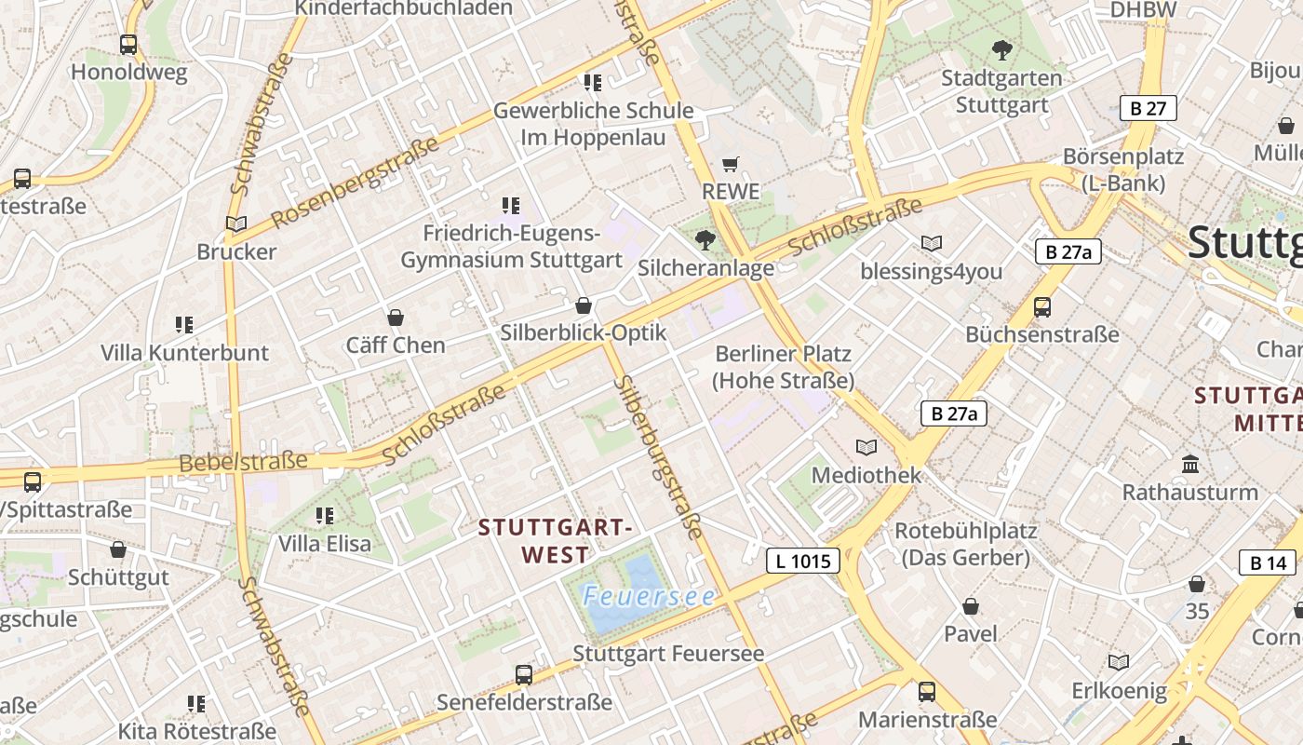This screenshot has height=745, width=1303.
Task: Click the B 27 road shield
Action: click(1148, 108)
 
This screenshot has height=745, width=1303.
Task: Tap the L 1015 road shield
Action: click(802, 561)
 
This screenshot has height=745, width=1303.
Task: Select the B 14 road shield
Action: click(1268, 562)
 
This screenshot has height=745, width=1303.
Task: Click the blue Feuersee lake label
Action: click(649, 596)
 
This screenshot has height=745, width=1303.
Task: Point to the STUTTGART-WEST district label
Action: click(556, 541)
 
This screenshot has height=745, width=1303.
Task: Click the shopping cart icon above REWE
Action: click(731, 164)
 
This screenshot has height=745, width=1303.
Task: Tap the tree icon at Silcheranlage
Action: click(705, 240)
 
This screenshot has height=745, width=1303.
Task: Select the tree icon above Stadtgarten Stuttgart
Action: click(1001, 49)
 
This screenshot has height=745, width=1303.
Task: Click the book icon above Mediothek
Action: click(866, 447)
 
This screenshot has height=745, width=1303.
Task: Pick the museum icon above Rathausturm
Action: click(1189, 463)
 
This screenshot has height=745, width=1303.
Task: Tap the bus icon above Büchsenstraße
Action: click(1042, 306)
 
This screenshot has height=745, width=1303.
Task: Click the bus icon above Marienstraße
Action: click(927, 691)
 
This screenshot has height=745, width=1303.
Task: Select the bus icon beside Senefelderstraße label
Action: click(524, 674)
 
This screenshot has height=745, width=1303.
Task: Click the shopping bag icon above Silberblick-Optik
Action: click(584, 305)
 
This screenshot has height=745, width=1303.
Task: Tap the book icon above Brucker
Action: click(236, 223)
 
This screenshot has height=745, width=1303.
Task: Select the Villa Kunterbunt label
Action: click(184, 353)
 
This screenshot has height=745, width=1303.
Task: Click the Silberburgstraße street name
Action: click(657, 456)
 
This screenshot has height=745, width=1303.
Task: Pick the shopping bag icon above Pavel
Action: click(971, 606)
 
